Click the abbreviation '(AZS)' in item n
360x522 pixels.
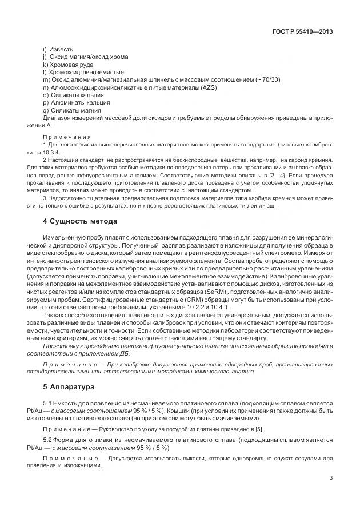coord(208,87)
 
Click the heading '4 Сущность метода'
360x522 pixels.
coord(80,221)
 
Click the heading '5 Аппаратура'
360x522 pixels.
coord(69,387)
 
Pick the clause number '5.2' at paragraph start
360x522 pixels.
coord(47,440)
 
